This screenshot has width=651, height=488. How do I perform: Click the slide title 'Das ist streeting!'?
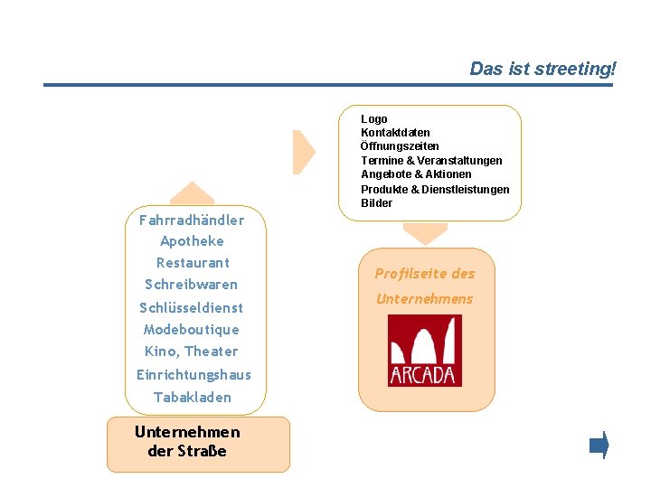[542, 69]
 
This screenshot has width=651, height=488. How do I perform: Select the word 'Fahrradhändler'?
[192, 220]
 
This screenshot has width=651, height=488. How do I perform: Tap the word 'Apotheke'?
[192, 241]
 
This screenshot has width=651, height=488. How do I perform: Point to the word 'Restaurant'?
[193, 263]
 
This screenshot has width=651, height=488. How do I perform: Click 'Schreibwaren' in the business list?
[191, 285]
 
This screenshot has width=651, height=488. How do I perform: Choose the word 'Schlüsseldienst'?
[191, 307]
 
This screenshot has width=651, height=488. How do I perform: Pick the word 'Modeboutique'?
[191, 330]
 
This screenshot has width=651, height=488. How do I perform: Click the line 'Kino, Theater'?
[191, 352]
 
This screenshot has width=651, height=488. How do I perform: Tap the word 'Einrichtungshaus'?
[193, 374]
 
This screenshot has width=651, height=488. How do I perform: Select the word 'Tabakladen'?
[192, 398]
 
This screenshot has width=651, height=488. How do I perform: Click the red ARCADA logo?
[424, 351]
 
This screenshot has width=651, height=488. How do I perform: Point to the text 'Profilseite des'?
[424, 274]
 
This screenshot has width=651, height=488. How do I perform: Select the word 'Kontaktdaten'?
[395, 133]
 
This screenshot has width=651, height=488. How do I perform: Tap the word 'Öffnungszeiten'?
[400, 146]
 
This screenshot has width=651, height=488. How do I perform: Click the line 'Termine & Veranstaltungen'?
[431, 161]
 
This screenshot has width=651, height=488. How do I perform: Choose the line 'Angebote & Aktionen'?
[416, 174]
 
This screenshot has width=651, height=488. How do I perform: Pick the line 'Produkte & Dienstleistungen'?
[435, 189]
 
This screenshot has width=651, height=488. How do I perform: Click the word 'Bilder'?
[376, 203]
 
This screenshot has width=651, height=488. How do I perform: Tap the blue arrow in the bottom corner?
[599, 446]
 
